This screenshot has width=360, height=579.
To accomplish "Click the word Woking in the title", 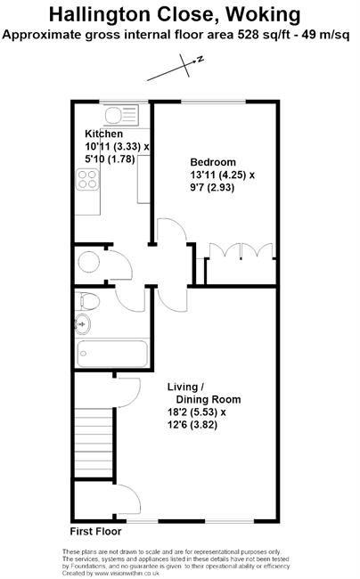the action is coord(263,15).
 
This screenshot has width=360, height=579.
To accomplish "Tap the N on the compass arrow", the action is coord(200,59).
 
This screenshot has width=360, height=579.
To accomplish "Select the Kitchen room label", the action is coord(103,134).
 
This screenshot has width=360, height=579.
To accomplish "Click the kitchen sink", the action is coord(121,115).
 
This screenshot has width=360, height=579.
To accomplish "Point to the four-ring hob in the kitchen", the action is coord(87,179).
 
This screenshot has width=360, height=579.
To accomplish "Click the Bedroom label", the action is coord(213,162).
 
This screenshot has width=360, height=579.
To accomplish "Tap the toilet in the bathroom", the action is coord(87,301).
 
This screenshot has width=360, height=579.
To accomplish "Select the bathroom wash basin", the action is coord(83,325).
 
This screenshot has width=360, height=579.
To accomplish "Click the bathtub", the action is coord(112,354).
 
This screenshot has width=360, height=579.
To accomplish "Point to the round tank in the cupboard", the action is coord(88,262).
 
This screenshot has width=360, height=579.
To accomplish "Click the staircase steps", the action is coord(94,443).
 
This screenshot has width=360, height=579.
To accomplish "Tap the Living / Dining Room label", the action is coord(204,393).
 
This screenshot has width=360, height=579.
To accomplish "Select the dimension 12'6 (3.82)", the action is coord(192,425).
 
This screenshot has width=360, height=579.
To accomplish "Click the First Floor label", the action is coord(95,532).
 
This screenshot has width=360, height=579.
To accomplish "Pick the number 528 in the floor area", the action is coord(247,35).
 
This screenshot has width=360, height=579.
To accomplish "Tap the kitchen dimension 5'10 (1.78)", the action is coord(110,159).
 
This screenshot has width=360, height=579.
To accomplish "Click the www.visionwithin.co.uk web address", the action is coord(127,574).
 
